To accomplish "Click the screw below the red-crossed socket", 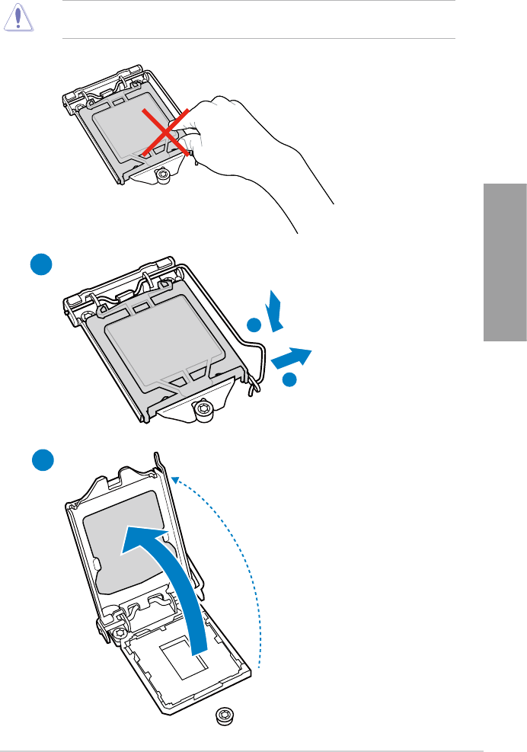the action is [x=162, y=175].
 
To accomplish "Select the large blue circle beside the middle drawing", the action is [x=41, y=265].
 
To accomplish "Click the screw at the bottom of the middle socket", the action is [x=203, y=409].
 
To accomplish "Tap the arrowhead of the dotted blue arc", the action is [x=175, y=478].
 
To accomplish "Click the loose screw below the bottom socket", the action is [x=223, y=715].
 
